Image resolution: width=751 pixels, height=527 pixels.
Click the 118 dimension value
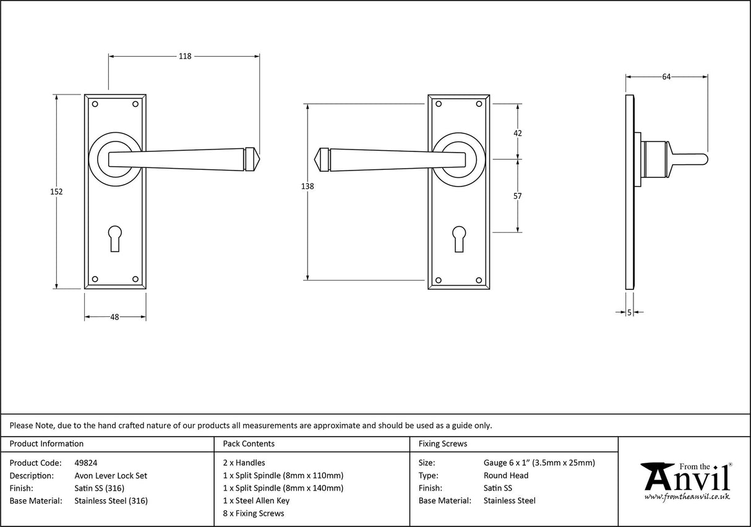pyautogui.click(x=184, y=56)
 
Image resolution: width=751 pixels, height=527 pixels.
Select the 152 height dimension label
pyautogui.click(x=56, y=192)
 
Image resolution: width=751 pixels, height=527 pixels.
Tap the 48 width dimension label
pyautogui.click(x=114, y=317)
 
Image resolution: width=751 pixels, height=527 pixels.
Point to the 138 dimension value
pyautogui.click(x=307, y=187)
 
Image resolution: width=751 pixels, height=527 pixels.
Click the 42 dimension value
pyautogui.click(x=518, y=133)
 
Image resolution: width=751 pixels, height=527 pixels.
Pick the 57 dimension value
pyautogui.click(x=518, y=196)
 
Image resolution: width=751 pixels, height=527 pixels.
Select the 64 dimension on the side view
pyautogui.click(x=666, y=77)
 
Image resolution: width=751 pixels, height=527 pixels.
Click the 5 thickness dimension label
pyautogui.click(x=629, y=313)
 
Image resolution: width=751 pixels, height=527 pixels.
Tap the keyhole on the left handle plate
pyautogui.click(x=115, y=238)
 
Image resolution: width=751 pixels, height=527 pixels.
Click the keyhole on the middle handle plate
pyautogui.click(x=458, y=238)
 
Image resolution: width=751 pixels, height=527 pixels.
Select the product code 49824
pyautogui.click(x=85, y=463)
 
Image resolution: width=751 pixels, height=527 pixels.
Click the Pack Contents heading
pyautogui.click(x=248, y=444)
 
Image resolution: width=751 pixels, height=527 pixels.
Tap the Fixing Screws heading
pyautogui.click(x=443, y=444)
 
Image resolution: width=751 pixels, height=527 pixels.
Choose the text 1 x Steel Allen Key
pyautogui.click(x=256, y=501)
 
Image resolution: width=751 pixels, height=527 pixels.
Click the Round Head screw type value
pyautogui.click(x=506, y=476)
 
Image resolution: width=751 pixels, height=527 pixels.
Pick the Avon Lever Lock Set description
pyautogui.click(x=111, y=476)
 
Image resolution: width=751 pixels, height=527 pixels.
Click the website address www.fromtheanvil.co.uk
pyautogui.click(x=687, y=497)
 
